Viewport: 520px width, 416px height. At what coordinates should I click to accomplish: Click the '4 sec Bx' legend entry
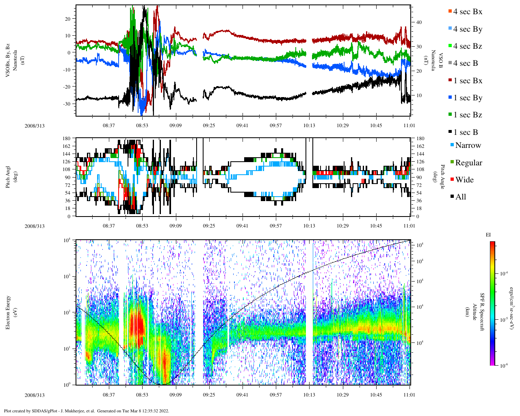pyautogui.click(x=468, y=12)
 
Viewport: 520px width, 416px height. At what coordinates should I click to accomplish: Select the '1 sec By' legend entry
pyautogui.click(x=468, y=98)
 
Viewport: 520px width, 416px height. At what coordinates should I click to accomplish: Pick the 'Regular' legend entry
pyautogui.click(x=468, y=163)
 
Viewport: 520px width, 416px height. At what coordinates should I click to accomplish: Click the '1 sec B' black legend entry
pyautogui.click(x=466, y=132)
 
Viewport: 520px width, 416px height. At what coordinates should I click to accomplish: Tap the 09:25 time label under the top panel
pyautogui.click(x=209, y=126)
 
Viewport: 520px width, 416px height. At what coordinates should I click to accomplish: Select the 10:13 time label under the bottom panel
pyautogui.click(x=309, y=395)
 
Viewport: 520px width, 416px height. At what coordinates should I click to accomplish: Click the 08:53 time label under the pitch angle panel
pyautogui.click(x=142, y=226)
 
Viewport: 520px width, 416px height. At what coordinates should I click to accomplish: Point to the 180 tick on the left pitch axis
pyautogui.click(x=67, y=139)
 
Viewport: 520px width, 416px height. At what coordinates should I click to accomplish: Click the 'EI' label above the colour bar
pyautogui.click(x=488, y=235)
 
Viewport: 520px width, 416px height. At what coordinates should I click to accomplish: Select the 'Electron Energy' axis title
pyautogui.click(x=8, y=312)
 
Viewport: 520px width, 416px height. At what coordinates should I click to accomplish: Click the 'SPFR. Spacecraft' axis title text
pyautogui.click(x=482, y=312)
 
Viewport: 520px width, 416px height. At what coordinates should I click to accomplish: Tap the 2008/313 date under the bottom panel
pyautogui.click(x=35, y=395)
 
